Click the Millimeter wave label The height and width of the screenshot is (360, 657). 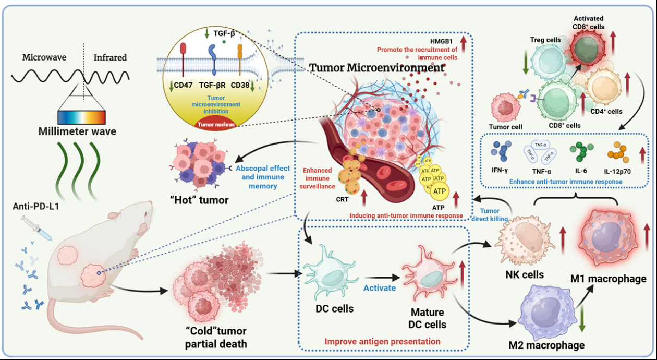pyautogui.click(x=77, y=131)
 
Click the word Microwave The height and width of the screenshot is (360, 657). pyautogui.click(x=44, y=57)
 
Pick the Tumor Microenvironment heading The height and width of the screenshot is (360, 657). pyautogui.click(x=377, y=67)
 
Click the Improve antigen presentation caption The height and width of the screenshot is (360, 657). pyautogui.click(x=382, y=342)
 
